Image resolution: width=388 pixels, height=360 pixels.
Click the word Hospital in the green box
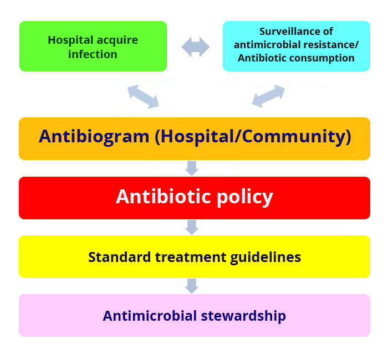click(70, 40)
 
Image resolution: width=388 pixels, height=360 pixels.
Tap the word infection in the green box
click(93, 54)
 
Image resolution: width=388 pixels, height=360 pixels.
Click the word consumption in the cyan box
click(321, 59)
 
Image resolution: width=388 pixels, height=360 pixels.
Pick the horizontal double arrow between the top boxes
click(196, 47)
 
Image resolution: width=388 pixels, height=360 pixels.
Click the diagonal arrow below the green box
click(143, 96)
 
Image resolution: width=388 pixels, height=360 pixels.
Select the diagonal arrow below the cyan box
click(268, 96)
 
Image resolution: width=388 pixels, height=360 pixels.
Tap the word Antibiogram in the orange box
click(94, 136)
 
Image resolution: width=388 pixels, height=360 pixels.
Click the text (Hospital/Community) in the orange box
click(253, 136)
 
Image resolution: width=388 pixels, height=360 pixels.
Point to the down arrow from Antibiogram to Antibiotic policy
click(192, 168)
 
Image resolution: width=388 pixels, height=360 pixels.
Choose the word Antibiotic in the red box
click(164, 197)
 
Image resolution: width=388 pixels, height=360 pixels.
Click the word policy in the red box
click(245, 198)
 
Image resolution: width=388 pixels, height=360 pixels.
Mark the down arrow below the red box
click(192, 227)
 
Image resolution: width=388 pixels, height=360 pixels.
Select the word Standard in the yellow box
click(120, 257)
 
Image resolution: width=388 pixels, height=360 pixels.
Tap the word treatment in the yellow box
click(191, 257)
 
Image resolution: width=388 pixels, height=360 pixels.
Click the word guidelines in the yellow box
click(266, 258)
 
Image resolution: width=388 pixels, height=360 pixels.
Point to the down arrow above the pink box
click(192, 286)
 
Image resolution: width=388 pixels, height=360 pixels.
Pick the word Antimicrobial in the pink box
click(150, 316)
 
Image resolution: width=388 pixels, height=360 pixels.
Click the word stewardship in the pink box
click(243, 316)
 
